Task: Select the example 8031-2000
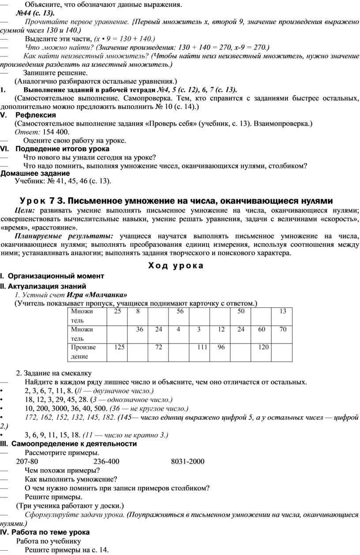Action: [187, 462]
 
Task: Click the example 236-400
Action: [106, 462]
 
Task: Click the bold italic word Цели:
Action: [24, 211]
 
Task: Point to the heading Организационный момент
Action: [56, 276]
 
